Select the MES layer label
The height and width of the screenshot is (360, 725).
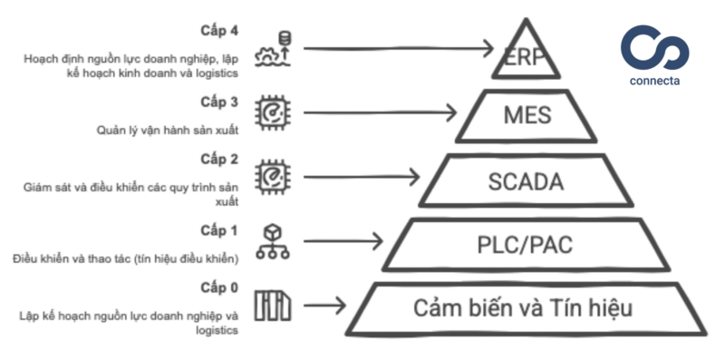point(527,115)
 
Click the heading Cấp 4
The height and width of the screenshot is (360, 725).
point(219,29)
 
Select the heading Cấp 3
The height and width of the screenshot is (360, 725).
point(219,101)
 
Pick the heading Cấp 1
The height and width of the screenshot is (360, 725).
point(219,230)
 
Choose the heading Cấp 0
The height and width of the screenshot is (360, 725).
point(219,287)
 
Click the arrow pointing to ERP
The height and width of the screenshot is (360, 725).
point(399,44)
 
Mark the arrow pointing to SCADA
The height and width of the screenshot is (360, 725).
point(362,176)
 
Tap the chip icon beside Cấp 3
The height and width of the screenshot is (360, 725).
point(273,112)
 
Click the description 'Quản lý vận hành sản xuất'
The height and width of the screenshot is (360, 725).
point(168,130)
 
